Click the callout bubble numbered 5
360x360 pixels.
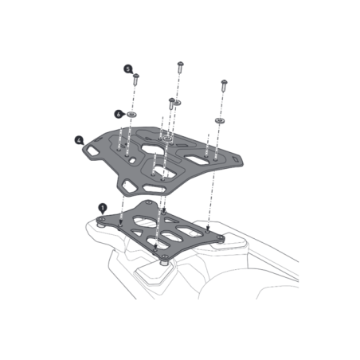[x=128, y=69]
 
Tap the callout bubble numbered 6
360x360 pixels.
[x=119, y=114]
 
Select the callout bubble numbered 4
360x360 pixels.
[x=79, y=140]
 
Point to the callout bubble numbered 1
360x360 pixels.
[x=103, y=208]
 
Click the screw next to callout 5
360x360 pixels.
[x=136, y=80]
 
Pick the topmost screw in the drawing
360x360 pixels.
[x=181, y=68]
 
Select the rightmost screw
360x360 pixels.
[x=224, y=86]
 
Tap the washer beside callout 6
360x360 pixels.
[x=131, y=115]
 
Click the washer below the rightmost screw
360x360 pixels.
[x=220, y=121]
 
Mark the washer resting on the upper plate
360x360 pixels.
[x=167, y=139]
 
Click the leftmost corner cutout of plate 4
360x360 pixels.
[x=92, y=151]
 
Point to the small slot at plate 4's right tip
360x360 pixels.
[x=235, y=160]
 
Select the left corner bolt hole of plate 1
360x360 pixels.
[x=100, y=220]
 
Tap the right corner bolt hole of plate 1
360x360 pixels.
[x=220, y=237]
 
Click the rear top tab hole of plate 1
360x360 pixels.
[x=149, y=203]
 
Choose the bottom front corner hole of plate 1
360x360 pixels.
[x=165, y=256]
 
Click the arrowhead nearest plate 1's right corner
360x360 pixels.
[x=208, y=229]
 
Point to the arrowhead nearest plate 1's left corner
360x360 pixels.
[x=120, y=222]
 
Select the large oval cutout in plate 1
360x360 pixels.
[x=145, y=222]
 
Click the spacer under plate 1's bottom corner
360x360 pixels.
[x=164, y=262]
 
